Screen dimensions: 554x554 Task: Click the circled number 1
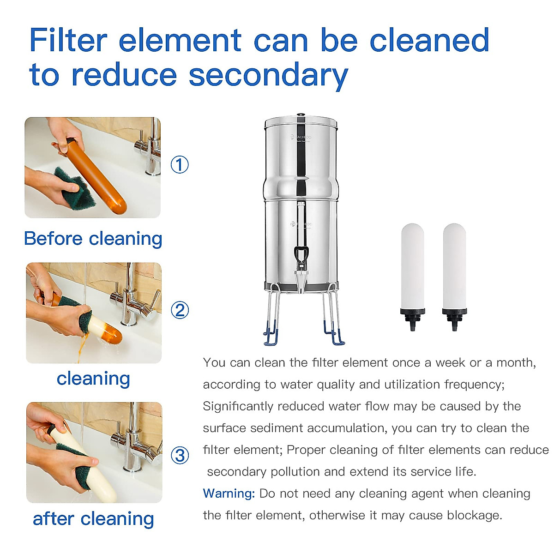[x=180, y=165]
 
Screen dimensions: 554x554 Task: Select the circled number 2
[x=180, y=310]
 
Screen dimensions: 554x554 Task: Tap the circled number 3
[x=180, y=456]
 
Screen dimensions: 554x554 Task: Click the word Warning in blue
[x=229, y=494]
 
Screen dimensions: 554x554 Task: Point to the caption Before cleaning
[x=93, y=239]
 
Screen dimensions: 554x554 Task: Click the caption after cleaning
[x=93, y=519]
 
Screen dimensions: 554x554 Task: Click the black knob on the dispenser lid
[x=301, y=114]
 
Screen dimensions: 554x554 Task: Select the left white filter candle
[x=412, y=265]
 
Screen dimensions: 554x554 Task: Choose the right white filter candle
[x=454, y=265]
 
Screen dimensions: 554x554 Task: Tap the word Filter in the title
[x=68, y=40]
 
